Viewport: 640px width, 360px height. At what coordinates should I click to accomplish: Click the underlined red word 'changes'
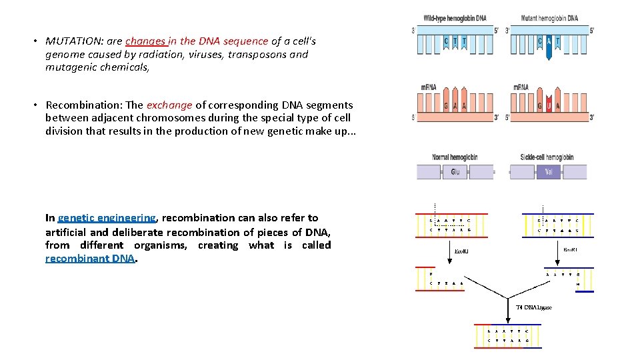[x=147, y=41]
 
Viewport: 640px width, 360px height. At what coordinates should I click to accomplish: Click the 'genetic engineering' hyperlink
[x=107, y=218]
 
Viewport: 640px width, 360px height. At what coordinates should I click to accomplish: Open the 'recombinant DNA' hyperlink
[x=90, y=259]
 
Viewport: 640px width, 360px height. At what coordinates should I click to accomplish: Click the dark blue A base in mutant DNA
[x=549, y=42]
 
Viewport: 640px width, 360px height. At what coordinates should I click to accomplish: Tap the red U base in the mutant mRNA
[x=549, y=105]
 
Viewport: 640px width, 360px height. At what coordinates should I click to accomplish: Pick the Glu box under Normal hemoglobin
[x=455, y=171]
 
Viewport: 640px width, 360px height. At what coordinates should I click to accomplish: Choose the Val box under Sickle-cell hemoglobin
[x=549, y=171]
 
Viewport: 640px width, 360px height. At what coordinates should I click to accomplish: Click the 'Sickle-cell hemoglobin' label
[x=547, y=157]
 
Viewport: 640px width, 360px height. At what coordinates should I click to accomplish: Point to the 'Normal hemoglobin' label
[x=455, y=157]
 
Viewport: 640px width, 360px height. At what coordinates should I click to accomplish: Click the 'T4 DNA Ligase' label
[x=534, y=307]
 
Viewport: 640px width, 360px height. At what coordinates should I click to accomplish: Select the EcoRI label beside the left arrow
[x=461, y=251]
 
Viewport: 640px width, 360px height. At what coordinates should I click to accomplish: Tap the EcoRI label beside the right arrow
[x=571, y=249]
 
